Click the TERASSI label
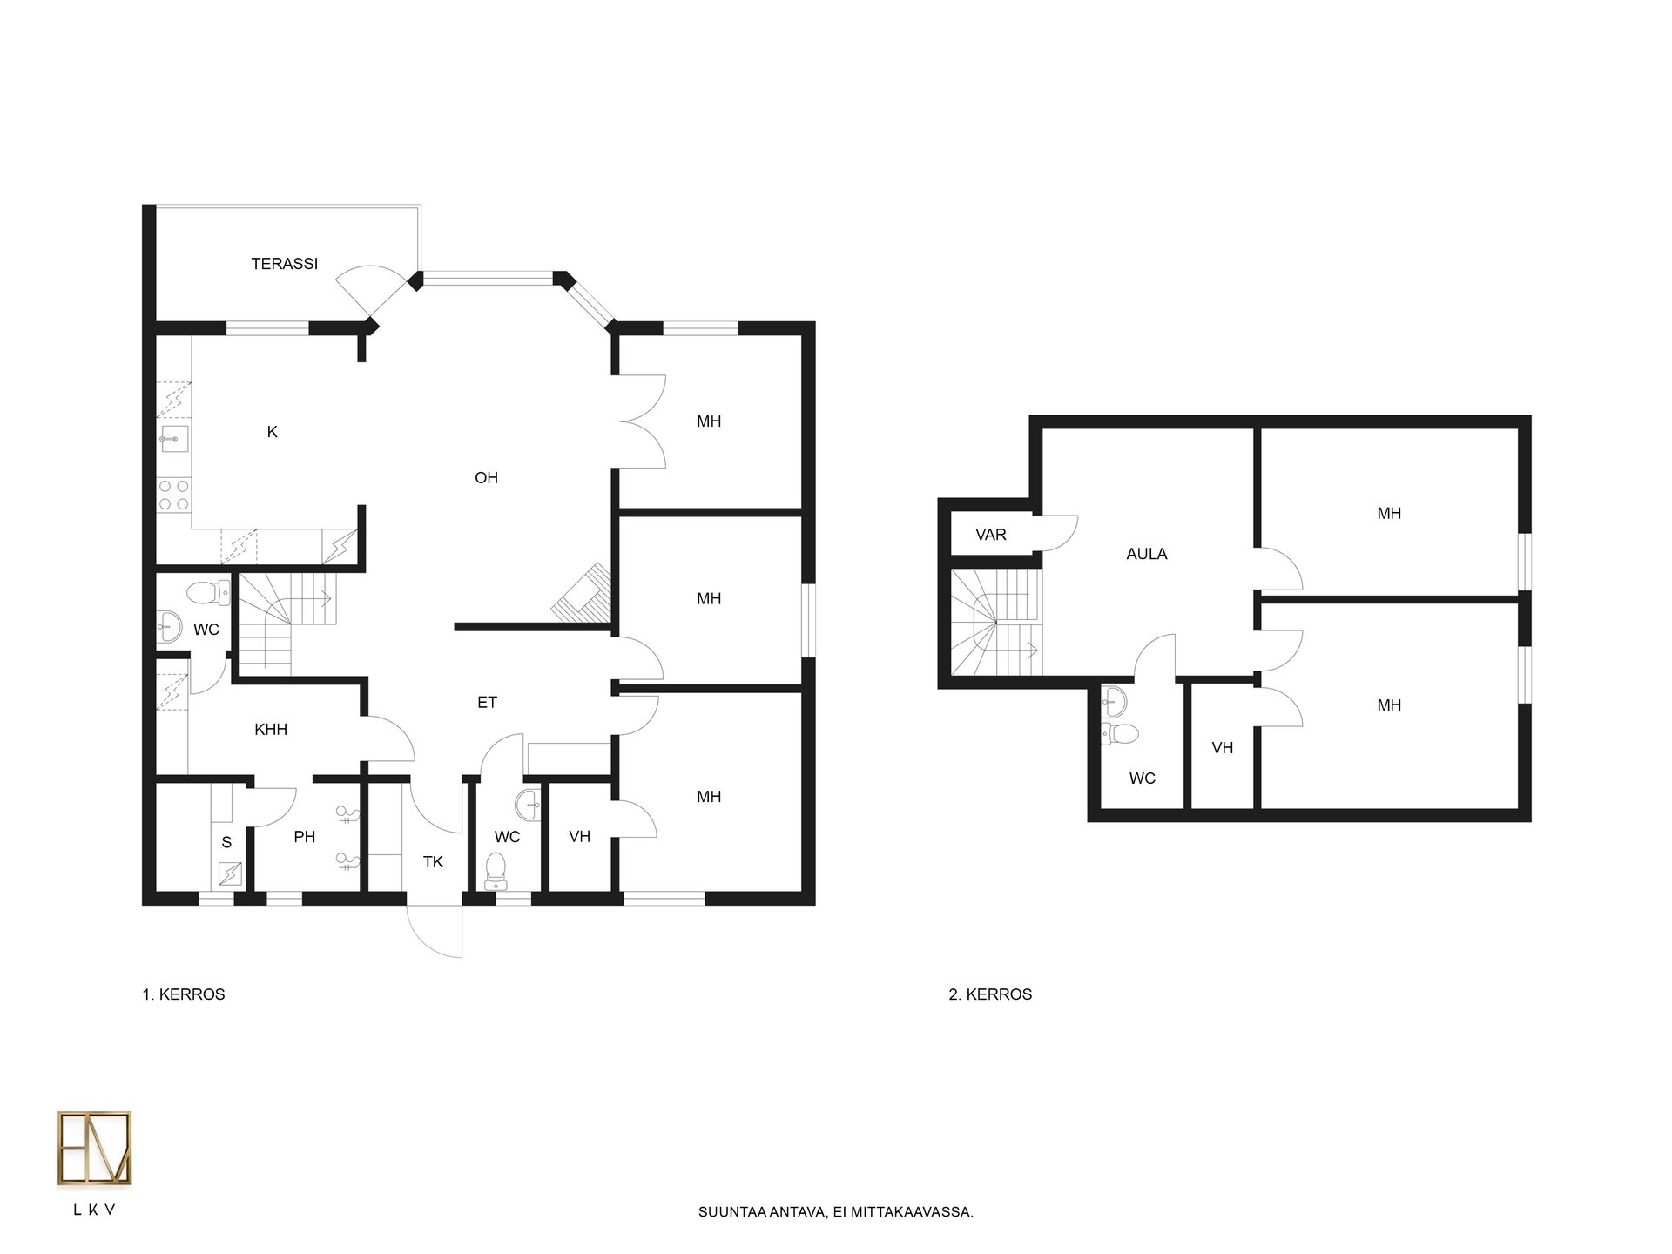284,264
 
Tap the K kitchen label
273,432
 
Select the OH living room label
486,477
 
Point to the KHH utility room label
271,730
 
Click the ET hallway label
487,702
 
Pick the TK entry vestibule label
433,862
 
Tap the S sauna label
227,842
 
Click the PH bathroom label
304,837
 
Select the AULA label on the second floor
1147,554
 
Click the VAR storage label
991,535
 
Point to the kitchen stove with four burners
173,495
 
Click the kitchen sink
174,438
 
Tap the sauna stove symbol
231,873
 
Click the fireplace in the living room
582,593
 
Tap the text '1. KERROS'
184,994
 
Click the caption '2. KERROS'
990,994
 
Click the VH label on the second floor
1223,748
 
